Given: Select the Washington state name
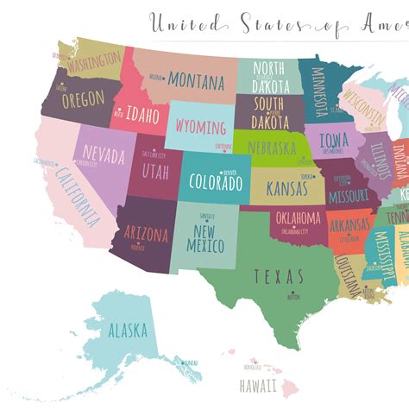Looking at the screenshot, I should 93,62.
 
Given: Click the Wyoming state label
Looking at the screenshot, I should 201,128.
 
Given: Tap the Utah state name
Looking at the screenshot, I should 155,171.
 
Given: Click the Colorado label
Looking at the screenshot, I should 216,183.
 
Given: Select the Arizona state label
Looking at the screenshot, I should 146,232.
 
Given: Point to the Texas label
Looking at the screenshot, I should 279,276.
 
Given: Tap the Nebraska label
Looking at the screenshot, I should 277,148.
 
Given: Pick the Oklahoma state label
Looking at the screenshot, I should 299,217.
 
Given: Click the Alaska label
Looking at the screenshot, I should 128,330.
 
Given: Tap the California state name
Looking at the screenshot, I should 78,194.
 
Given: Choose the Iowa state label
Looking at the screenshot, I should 334,140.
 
